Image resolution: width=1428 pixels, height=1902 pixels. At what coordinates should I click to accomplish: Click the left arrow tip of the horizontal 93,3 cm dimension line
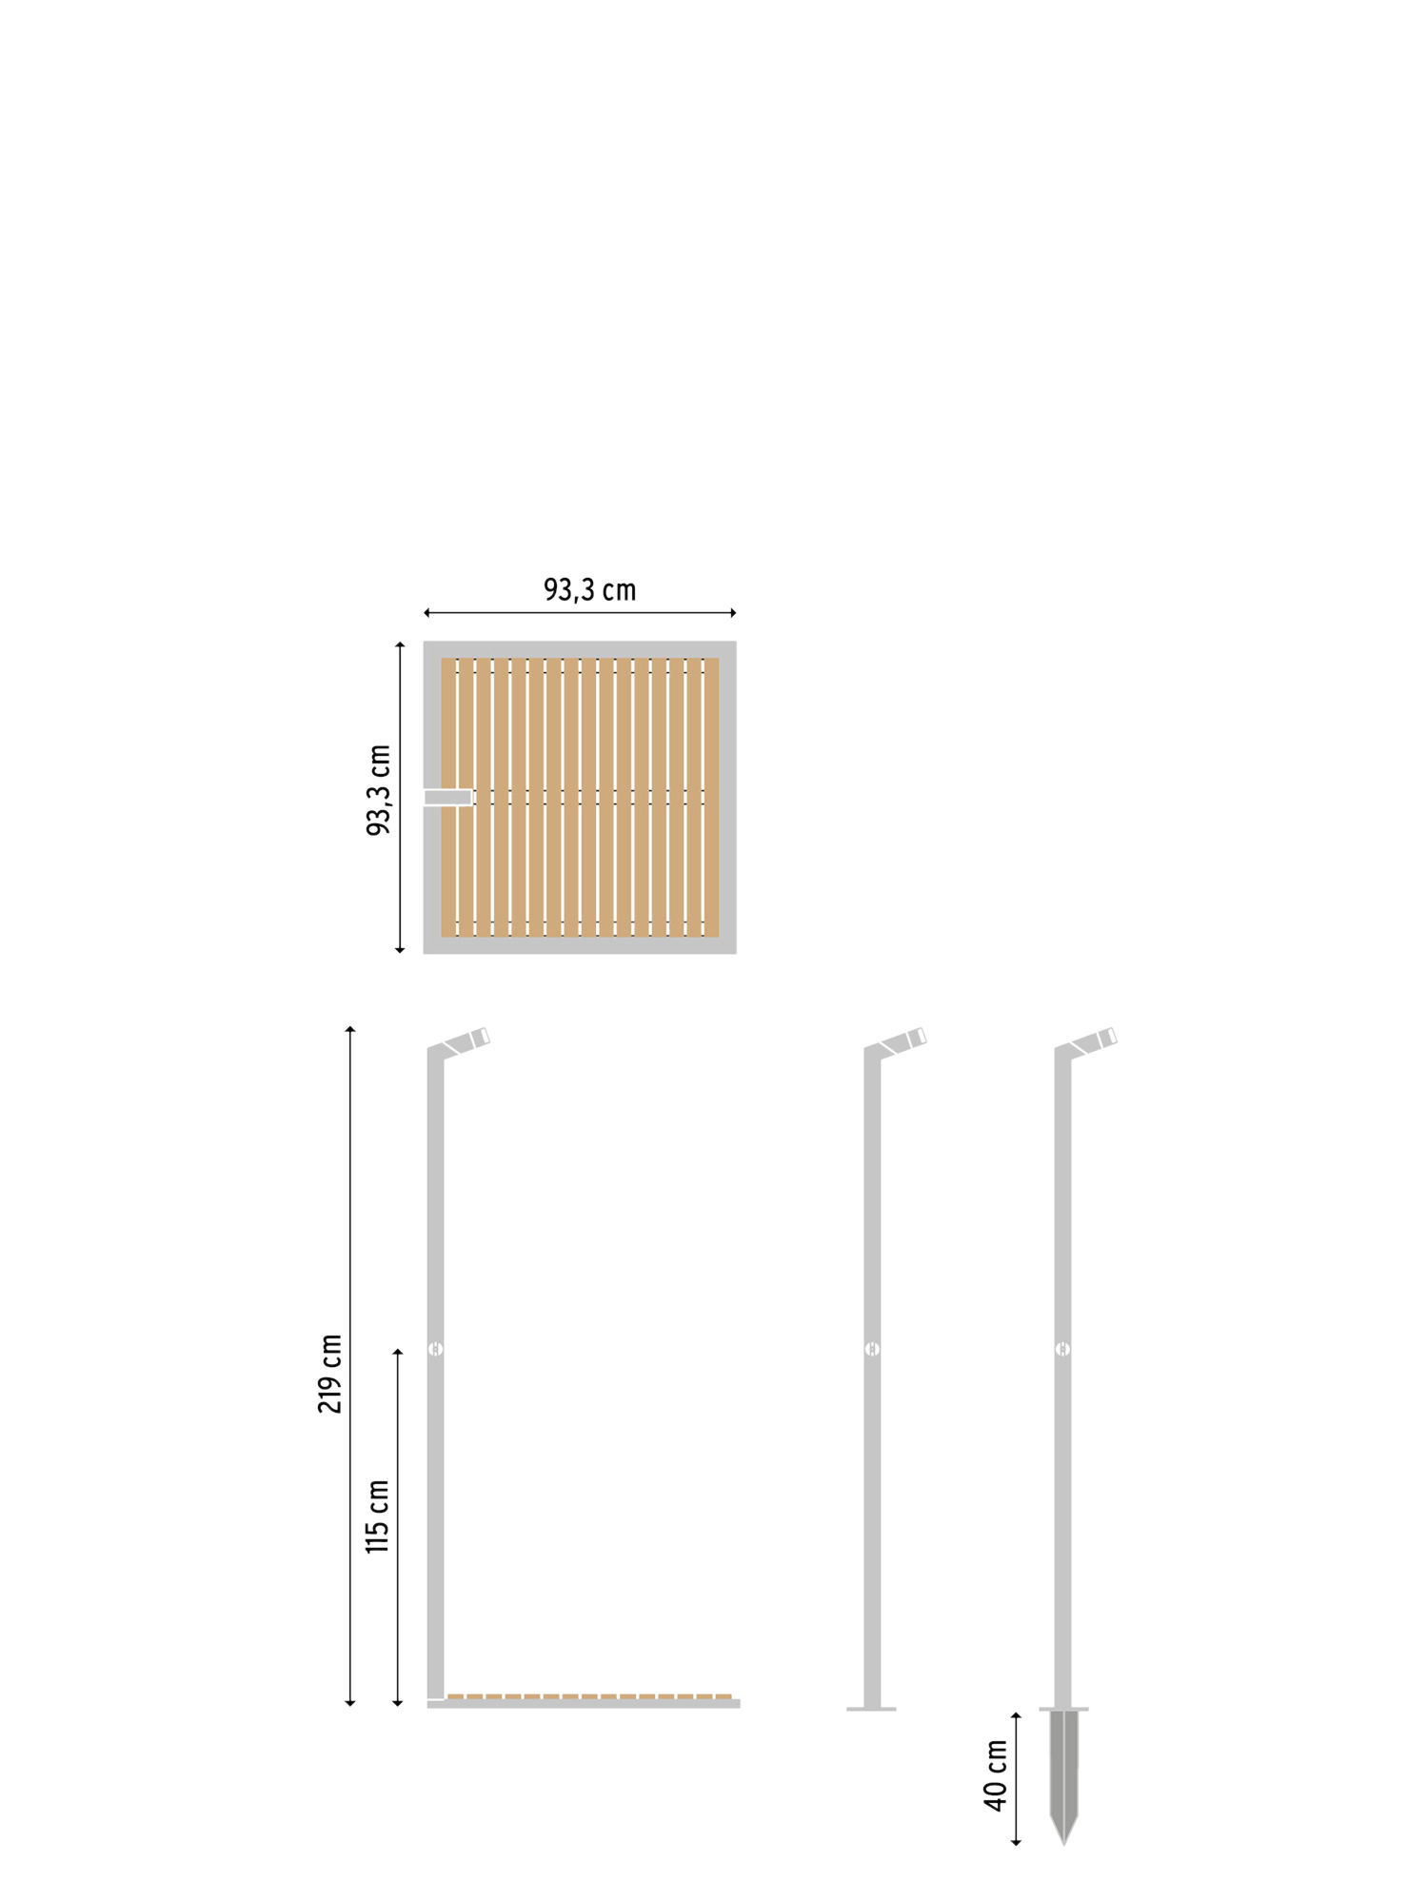pyautogui.click(x=425, y=612)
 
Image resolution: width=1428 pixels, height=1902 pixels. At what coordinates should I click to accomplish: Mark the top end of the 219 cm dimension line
pyautogui.click(x=350, y=1027)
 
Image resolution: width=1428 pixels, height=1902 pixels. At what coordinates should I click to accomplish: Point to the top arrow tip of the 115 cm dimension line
pyautogui.click(x=398, y=1349)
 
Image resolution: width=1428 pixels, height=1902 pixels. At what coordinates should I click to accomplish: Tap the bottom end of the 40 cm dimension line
pyautogui.click(x=1016, y=1845)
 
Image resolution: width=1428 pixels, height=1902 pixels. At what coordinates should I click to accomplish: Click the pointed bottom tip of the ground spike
pyautogui.click(x=1064, y=1844)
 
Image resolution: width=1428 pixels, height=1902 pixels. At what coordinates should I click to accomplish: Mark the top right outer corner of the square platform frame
pyautogui.click(x=736, y=642)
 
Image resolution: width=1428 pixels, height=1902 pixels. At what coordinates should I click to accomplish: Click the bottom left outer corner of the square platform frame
pyautogui.click(x=425, y=952)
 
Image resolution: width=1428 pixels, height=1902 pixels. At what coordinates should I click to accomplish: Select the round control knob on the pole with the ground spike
pyautogui.click(x=1062, y=1349)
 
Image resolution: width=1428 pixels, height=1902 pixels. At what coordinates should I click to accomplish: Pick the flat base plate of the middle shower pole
pyautogui.click(x=871, y=1709)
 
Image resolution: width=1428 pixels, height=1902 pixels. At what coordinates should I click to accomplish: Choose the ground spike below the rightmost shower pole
pyautogui.click(x=1064, y=1775)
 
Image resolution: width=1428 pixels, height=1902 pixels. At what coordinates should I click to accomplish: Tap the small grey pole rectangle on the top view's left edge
pyautogui.click(x=448, y=797)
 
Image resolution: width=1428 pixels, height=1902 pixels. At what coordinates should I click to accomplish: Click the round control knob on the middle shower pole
pyautogui.click(x=872, y=1349)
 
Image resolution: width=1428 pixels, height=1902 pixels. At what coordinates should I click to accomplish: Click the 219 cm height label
pyautogui.click(x=329, y=1374)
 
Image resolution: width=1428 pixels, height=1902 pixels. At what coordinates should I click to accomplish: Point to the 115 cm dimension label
pyautogui.click(x=377, y=1516)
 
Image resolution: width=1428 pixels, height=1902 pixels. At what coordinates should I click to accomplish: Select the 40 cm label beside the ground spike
pyautogui.click(x=996, y=1775)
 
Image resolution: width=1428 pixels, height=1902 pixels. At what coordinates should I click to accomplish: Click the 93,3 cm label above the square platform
pyautogui.click(x=589, y=590)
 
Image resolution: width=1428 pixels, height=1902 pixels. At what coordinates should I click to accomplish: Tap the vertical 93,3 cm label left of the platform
pyautogui.click(x=379, y=790)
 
